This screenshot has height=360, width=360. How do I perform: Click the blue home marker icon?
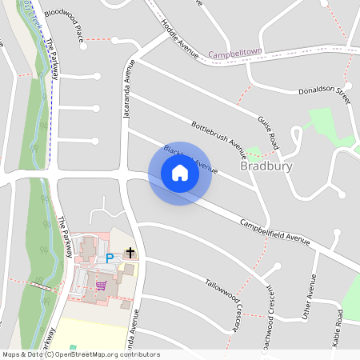[x=180, y=173]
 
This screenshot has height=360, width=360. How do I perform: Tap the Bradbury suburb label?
[x=266, y=166]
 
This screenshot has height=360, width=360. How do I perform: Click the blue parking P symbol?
[x=110, y=258]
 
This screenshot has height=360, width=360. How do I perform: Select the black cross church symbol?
[x=130, y=254]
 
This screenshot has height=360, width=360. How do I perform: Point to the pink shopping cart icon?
[x=101, y=285]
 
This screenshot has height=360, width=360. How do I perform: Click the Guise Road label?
[x=268, y=132]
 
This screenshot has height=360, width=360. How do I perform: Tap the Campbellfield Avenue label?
[x=274, y=232]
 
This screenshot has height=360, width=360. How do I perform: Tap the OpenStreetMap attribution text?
[x=81, y=354]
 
